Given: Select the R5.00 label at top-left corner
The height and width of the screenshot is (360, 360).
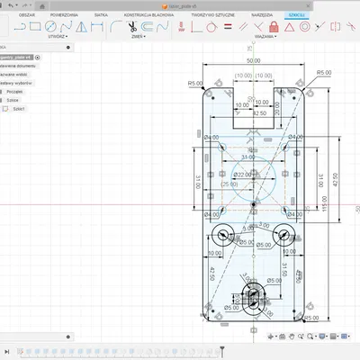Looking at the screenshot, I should coord(194,83).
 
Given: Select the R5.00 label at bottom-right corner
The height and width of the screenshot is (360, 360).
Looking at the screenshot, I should coord(311,318).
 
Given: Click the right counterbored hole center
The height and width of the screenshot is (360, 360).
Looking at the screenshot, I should coord(283,236).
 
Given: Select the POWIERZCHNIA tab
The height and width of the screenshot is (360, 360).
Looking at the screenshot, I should coord(88,16).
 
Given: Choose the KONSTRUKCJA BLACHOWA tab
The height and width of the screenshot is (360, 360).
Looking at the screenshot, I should coord(174,16).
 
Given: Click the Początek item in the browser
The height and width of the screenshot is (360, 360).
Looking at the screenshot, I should coord(15,92).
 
